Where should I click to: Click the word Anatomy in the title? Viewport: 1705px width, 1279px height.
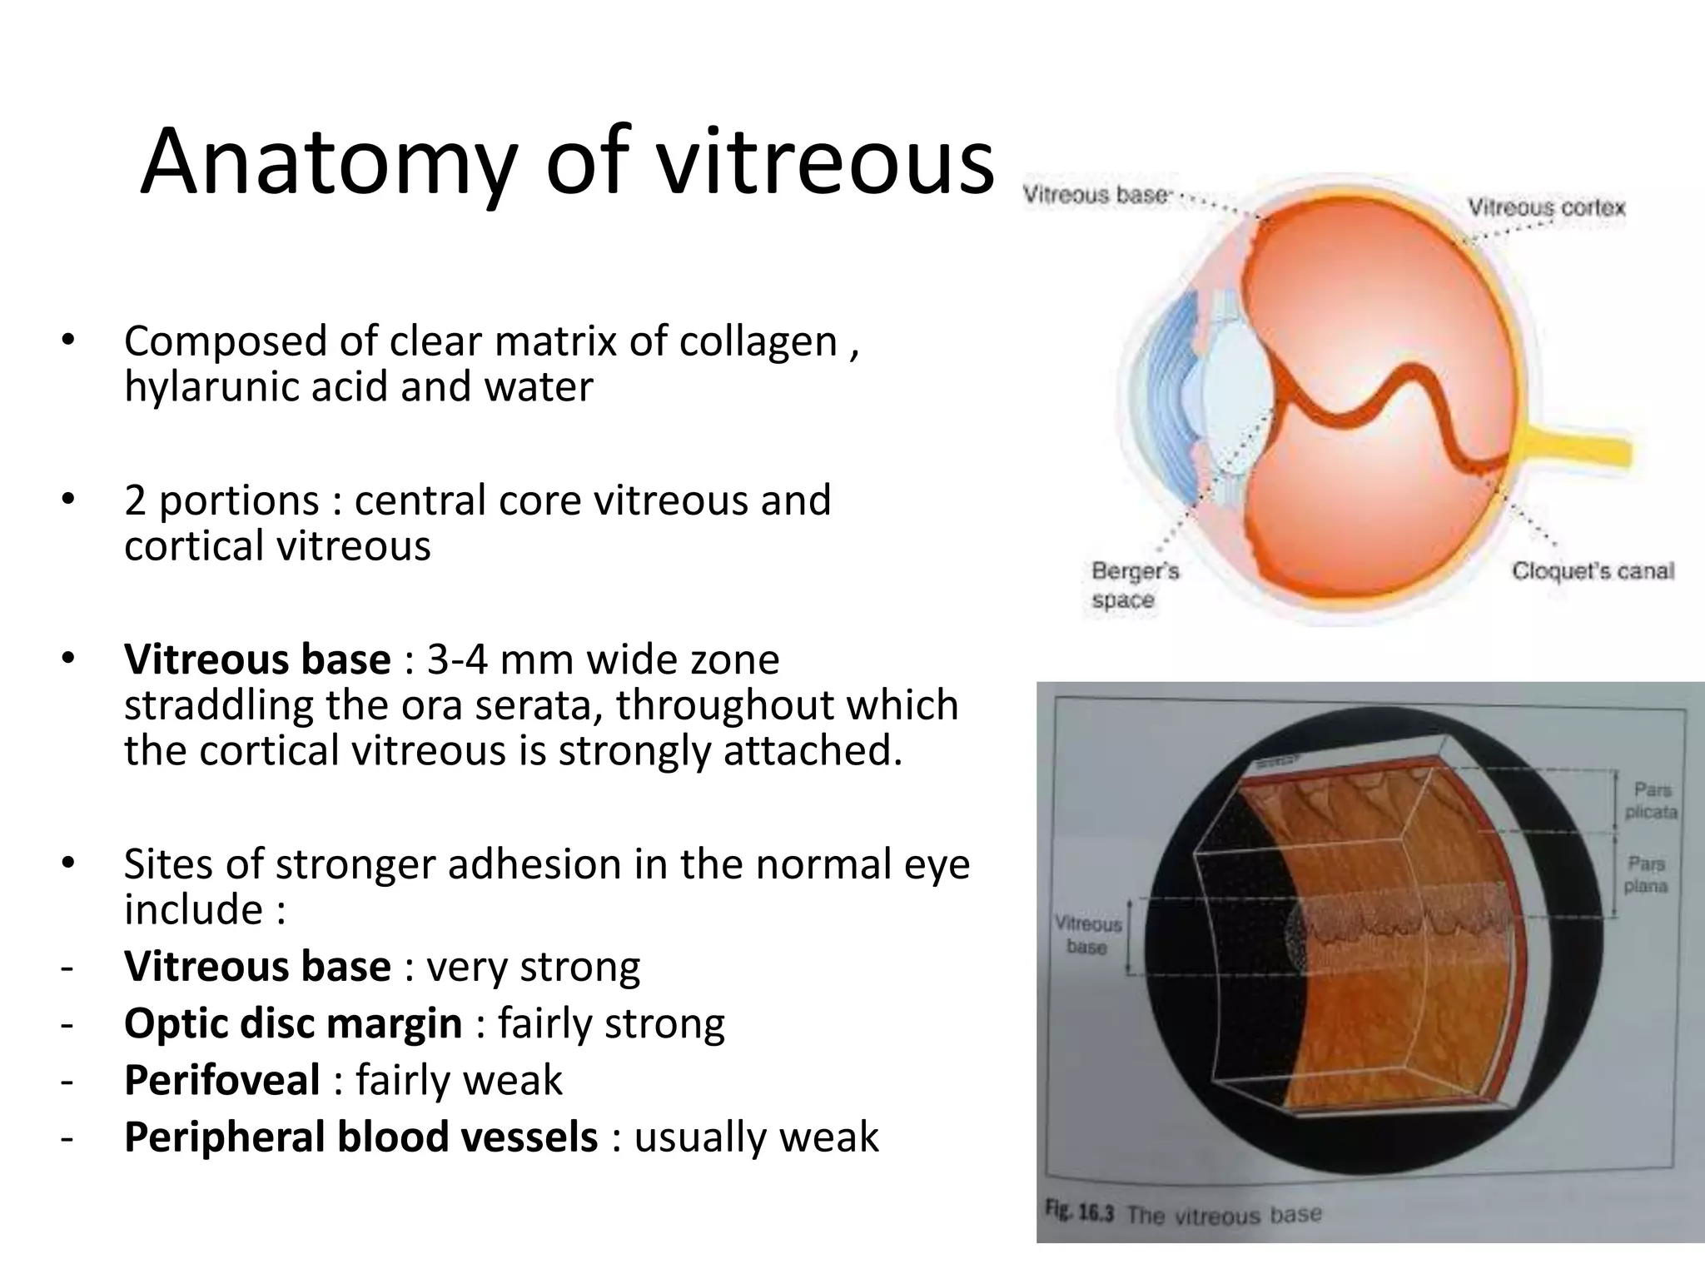pos(329,162)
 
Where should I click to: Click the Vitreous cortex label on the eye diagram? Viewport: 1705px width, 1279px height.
pos(1546,207)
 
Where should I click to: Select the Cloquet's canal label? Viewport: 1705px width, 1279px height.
pos(1592,571)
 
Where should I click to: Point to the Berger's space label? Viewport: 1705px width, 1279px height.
pos(1134,585)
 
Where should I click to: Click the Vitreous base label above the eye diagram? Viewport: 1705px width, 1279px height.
pos(1095,195)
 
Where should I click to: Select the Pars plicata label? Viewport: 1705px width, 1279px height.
pos(1651,800)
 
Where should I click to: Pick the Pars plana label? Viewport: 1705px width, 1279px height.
pos(1646,874)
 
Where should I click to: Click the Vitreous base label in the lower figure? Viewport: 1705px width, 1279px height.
pos(1087,935)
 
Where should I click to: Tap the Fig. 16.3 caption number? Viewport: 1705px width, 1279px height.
pos(1079,1212)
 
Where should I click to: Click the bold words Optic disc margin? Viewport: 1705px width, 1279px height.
pos(292,1023)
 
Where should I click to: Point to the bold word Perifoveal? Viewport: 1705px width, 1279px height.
pos(221,1080)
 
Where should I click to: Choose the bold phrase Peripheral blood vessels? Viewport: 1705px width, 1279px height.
pos(360,1137)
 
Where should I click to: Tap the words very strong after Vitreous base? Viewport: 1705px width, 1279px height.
pos(533,967)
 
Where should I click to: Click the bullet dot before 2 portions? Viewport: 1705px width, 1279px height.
pos(67,500)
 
